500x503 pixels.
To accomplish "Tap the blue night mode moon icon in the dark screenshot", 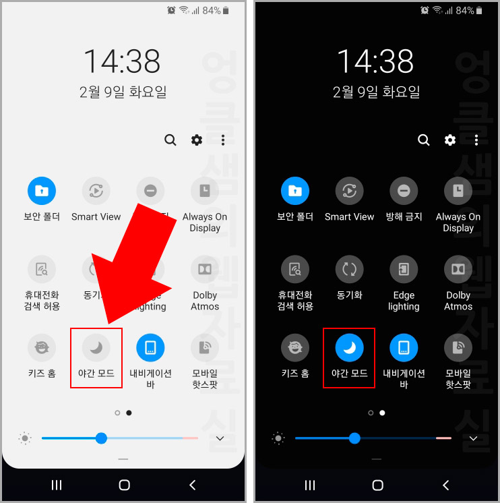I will click(x=349, y=347).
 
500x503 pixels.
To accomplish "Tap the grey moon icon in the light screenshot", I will click(x=96, y=347).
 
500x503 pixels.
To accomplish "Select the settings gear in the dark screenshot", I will click(x=450, y=140).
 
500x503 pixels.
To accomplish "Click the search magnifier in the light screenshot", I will click(x=170, y=140).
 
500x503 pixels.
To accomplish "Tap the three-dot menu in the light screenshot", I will click(x=223, y=140).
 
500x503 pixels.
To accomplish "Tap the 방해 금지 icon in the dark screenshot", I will click(x=404, y=191).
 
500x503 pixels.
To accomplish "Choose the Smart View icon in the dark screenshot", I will click(x=349, y=191).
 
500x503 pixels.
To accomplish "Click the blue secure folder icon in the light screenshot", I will click(x=41, y=191).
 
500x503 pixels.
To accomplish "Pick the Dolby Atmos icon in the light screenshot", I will click(x=205, y=269).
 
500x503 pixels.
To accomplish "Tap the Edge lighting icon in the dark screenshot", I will click(x=404, y=269).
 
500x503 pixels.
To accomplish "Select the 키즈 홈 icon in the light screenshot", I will click(x=41, y=347).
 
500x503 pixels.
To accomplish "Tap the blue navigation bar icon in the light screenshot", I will click(x=150, y=347).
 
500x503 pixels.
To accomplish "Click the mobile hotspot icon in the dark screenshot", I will click(x=458, y=347).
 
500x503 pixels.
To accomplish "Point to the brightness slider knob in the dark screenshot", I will click(x=354, y=438).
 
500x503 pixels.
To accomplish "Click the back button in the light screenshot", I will click(x=193, y=485).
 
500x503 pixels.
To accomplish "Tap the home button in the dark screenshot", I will click(x=377, y=485).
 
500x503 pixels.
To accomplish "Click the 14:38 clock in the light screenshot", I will click(x=122, y=62).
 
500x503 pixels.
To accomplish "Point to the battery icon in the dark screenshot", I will click(x=479, y=11).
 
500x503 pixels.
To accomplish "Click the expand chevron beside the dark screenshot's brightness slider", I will click(x=473, y=438).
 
